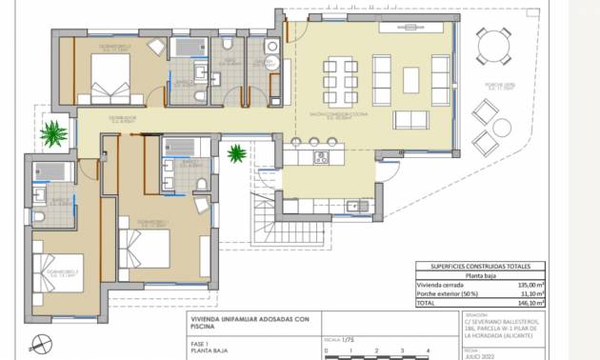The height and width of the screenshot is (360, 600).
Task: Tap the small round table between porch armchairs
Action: pyautogui.click(x=504, y=127)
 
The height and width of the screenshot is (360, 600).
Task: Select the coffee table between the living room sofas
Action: pyautogui.click(x=410, y=79)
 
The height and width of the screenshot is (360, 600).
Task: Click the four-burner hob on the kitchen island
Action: pyautogui.click(x=322, y=157)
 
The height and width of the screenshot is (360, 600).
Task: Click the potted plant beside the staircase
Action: pyautogui.click(x=235, y=152)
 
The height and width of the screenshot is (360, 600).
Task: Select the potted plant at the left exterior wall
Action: pyautogui.click(x=54, y=132)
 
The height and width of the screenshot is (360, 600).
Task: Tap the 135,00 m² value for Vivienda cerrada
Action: pyautogui.click(x=530, y=285)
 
